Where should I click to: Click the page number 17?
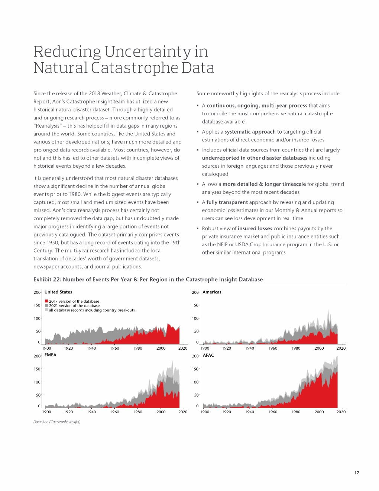[x=357, y=473]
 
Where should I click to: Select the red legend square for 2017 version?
[x=46, y=301]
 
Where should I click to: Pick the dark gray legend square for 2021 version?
[x=46, y=306]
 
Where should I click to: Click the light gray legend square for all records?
[x=46, y=310]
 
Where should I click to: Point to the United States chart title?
[x=58, y=292]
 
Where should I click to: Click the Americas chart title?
[x=212, y=292]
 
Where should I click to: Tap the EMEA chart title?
[x=51, y=355]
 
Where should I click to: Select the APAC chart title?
[x=208, y=355]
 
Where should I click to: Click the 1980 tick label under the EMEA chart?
[x=137, y=412]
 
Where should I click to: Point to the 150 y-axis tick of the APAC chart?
[x=195, y=369]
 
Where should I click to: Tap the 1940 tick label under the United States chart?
[x=91, y=348]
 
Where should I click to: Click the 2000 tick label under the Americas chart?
[x=319, y=348]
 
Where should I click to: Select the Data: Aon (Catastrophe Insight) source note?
[x=57, y=422]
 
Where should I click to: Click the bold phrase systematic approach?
[x=250, y=132]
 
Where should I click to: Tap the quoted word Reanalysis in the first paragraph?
[x=47, y=126]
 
